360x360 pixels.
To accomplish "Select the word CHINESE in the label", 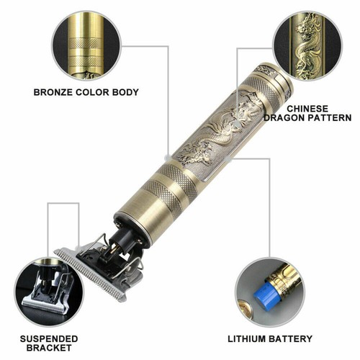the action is (x=307, y=109).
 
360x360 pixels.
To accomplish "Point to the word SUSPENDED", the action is (x=49, y=339).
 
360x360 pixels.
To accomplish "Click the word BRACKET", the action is (x=49, y=348).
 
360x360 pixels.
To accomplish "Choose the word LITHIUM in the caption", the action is (x=247, y=339).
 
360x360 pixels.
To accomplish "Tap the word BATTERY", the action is (x=291, y=339).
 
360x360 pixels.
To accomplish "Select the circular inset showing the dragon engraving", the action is (x=308, y=45).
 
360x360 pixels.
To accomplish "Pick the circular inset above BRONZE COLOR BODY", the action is (x=86, y=45).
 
